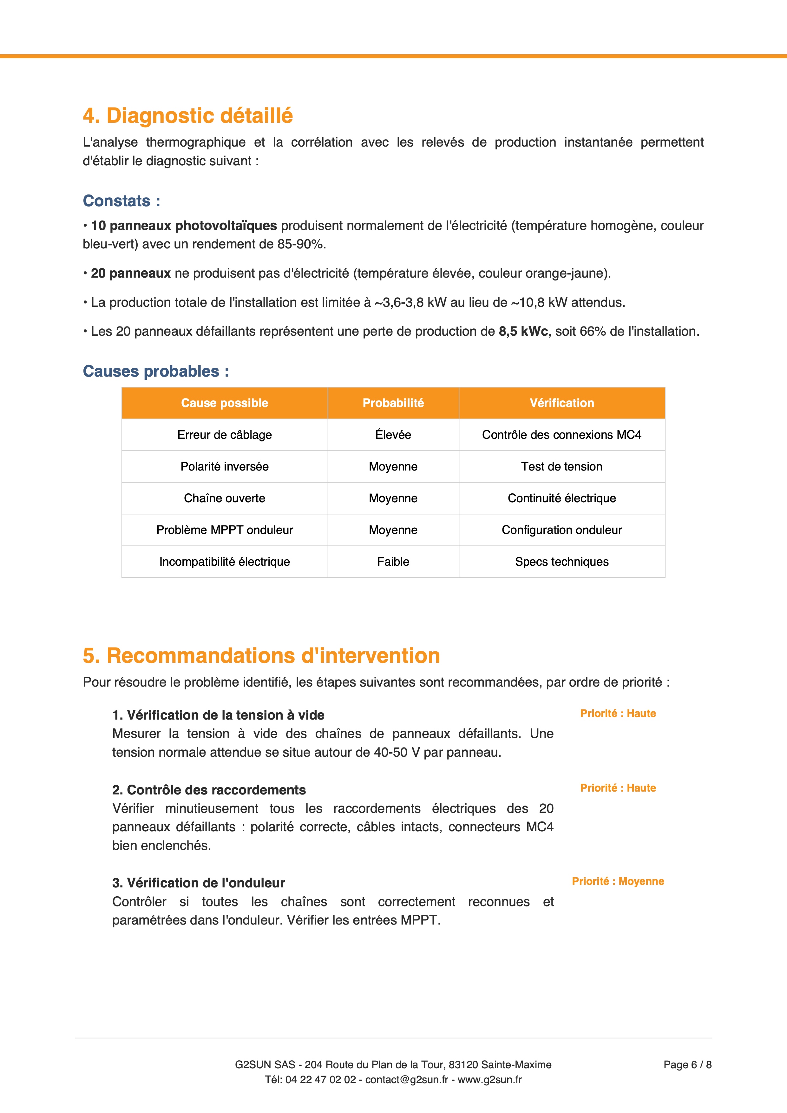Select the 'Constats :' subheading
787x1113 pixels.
(121, 201)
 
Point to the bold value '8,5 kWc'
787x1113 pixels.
(523, 332)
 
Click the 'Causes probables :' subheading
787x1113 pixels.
(155, 371)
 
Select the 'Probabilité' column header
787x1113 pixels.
(393, 403)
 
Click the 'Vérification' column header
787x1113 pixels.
(562, 403)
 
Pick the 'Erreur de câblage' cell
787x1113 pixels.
(224, 435)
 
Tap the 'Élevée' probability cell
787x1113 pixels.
(393, 435)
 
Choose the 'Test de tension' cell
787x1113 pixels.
(562, 466)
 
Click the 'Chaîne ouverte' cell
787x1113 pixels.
(224, 498)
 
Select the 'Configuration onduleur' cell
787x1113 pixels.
(562, 530)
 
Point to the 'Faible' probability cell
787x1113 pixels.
(393, 562)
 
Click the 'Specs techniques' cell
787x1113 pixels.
(562, 562)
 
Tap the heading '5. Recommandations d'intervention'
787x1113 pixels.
(261, 656)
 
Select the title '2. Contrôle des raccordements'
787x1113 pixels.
(209, 790)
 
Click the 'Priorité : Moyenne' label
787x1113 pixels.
(618, 881)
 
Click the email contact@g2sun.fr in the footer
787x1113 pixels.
(407, 1080)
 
